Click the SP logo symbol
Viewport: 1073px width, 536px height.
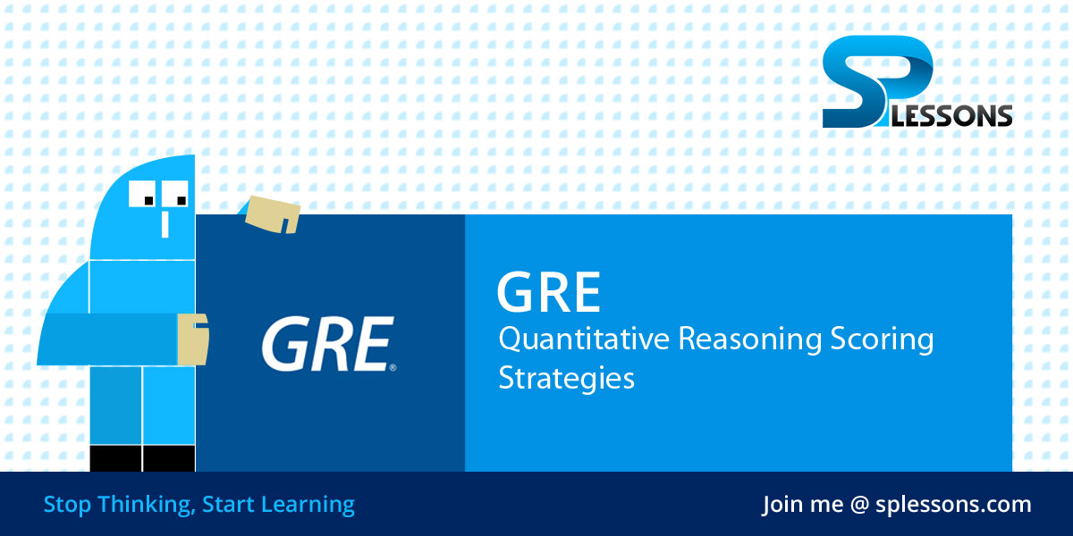(x=872, y=76)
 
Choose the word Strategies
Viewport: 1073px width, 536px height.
(x=567, y=377)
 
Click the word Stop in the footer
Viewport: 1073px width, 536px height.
(x=67, y=505)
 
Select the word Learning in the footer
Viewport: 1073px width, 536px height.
(x=308, y=506)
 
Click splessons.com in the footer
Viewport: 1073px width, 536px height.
(x=954, y=506)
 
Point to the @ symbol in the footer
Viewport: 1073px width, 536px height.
(x=859, y=506)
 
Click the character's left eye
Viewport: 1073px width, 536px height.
(x=144, y=194)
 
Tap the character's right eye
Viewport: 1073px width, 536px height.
(x=177, y=194)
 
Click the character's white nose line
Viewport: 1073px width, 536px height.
(x=165, y=222)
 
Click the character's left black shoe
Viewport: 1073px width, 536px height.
(x=115, y=458)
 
